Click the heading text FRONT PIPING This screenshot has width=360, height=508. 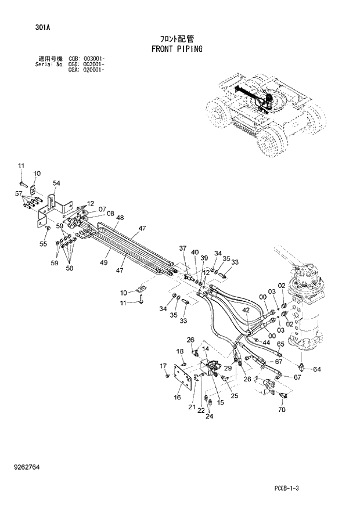[177, 49]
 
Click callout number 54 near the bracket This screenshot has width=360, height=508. [56, 183]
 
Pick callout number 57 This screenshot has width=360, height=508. [19, 193]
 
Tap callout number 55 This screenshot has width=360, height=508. [43, 244]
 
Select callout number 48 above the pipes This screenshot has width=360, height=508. [120, 218]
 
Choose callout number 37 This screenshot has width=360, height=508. [183, 248]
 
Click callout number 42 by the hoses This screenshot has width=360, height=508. [246, 311]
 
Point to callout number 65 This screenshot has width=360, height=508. [280, 344]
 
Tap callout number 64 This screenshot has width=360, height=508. [317, 369]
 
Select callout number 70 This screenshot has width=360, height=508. [282, 410]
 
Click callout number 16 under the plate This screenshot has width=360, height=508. [177, 397]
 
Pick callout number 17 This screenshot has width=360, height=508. [164, 365]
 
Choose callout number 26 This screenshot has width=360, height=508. [190, 340]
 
